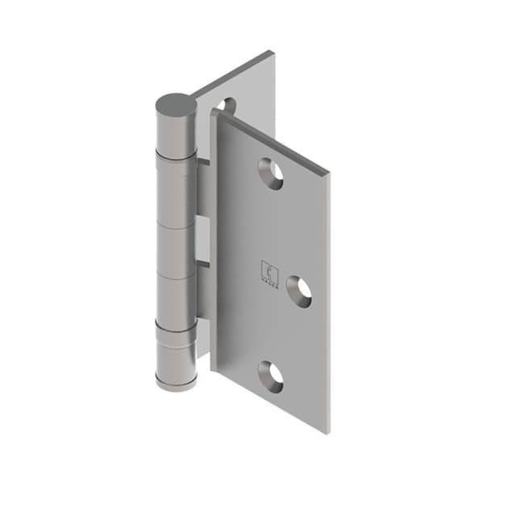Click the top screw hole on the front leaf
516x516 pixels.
pyautogui.click(x=271, y=173)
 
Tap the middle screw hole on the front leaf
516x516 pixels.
pyautogui.click(x=298, y=290)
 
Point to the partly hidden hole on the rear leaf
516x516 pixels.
pyautogui.click(x=226, y=105)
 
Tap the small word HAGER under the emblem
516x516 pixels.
pyautogui.click(x=268, y=281)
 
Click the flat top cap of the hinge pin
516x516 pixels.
pyautogui.click(x=176, y=104)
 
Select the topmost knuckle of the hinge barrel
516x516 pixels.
pyautogui.click(x=176, y=133)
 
